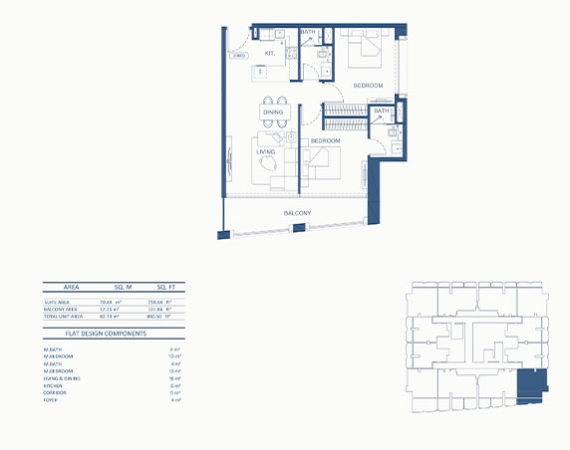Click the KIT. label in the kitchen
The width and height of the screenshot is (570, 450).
(269, 52)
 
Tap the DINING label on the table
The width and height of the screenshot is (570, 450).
(273, 112)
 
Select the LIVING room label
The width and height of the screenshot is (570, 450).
(265, 151)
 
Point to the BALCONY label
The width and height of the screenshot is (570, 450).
(297, 214)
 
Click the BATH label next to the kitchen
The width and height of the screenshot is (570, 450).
(308, 33)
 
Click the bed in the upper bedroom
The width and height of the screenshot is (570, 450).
(364, 50)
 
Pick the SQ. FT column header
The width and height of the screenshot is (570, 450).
(160, 285)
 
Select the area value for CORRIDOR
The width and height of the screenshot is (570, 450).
(173, 392)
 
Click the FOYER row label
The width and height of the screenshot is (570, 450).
(50, 399)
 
